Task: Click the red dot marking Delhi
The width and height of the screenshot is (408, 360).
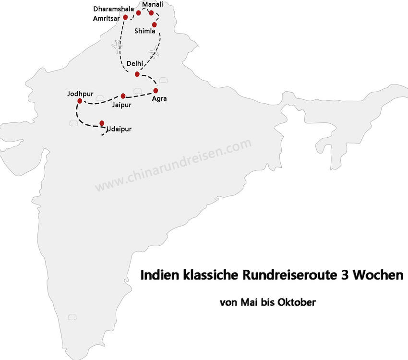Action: [137, 74]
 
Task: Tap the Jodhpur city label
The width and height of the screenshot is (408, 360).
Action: [81, 93]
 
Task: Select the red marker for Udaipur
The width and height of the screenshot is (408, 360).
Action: [102, 123]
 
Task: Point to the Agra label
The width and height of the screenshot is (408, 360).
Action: [159, 99]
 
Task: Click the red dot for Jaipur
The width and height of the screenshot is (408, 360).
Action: [123, 96]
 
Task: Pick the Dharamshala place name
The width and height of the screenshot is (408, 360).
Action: [114, 9]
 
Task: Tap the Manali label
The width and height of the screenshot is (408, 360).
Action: [153, 4]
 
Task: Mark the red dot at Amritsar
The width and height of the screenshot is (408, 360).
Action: [125, 17]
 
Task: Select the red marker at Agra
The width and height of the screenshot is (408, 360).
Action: [156, 90]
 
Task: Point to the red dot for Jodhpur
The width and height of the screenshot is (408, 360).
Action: [80, 101]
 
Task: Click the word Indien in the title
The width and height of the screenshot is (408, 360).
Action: [156, 276]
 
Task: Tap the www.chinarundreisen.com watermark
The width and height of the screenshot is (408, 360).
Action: [173, 165]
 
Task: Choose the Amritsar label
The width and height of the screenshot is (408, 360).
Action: [107, 18]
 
